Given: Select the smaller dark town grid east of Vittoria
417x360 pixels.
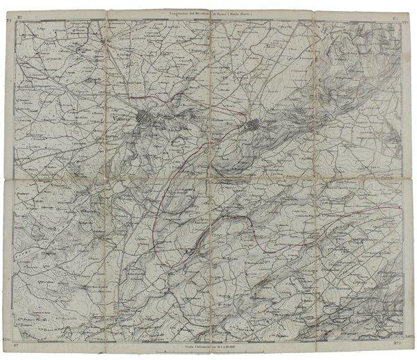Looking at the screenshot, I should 254,126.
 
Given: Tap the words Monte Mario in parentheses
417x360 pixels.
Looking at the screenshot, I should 254,12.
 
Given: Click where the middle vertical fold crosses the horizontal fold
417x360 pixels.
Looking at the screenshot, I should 211,179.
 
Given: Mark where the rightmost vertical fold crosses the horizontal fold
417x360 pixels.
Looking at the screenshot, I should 314,179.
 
